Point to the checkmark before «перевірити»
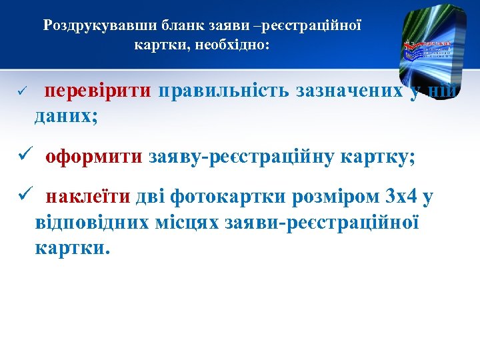[21, 90]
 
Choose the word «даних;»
[66, 115]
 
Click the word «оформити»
[93, 157]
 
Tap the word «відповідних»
[92, 222]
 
